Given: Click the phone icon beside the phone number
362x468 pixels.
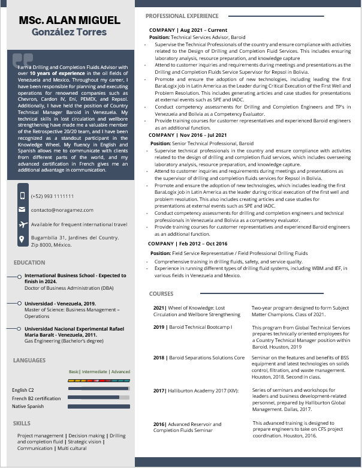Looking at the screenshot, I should point(22,196).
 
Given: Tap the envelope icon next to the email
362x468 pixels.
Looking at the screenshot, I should point(22,210).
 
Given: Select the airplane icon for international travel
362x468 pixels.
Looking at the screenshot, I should point(22,224).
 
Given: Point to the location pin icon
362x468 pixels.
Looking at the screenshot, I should point(22,239).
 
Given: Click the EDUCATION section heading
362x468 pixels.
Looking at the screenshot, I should point(29,263).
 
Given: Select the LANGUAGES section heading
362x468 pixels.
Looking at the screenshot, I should point(29,361).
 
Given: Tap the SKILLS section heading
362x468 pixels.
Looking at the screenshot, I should point(22,424).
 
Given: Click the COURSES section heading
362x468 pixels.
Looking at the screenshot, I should point(161,294).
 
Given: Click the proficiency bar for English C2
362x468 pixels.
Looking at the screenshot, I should point(99,389).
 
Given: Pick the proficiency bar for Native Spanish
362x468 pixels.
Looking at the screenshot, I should point(99,406).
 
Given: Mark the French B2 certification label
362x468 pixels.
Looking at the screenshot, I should point(37,398).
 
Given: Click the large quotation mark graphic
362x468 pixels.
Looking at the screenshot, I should point(23,61).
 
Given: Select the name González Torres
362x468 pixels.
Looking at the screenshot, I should point(69,32).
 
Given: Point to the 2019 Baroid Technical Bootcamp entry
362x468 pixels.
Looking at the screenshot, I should point(193,327).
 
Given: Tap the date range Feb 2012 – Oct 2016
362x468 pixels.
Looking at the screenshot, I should point(203,244).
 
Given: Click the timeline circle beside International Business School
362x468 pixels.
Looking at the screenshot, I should point(19,277).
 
